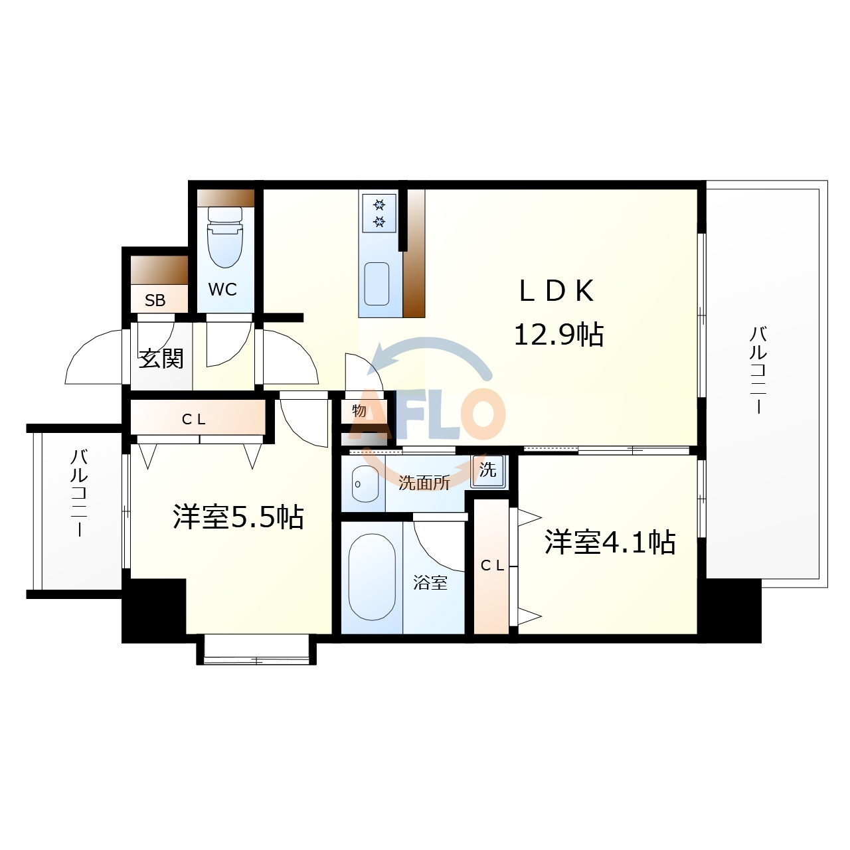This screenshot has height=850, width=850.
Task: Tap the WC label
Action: [x=222, y=290]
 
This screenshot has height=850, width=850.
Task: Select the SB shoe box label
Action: [x=155, y=300]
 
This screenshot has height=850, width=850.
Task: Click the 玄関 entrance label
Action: [x=161, y=359]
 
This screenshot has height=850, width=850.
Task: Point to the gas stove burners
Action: [x=379, y=212]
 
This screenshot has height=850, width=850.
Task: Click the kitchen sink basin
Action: [x=377, y=284]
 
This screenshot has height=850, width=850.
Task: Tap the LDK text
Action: [x=556, y=291]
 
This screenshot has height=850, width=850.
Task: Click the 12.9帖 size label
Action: [x=558, y=334]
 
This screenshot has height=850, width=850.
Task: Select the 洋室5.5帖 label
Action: [x=238, y=517]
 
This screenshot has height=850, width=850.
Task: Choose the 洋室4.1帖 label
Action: [x=610, y=542]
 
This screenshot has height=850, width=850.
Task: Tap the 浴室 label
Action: [x=430, y=583]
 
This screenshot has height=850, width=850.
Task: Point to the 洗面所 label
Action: [x=424, y=483]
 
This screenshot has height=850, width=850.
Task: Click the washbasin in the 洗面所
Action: [x=364, y=483]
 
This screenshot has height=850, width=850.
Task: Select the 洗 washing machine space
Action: [x=488, y=470]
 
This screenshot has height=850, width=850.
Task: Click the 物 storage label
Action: [x=359, y=410]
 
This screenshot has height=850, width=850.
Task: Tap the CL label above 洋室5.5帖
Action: [x=194, y=419]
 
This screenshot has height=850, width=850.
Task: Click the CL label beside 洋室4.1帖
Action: [x=492, y=565]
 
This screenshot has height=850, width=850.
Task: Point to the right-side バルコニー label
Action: [x=758, y=369]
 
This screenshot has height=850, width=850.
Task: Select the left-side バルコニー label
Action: [x=79, y=493]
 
